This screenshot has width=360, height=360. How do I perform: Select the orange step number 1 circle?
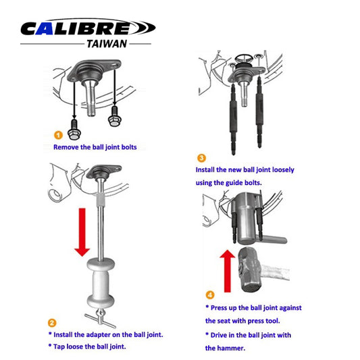click(58, 134)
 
